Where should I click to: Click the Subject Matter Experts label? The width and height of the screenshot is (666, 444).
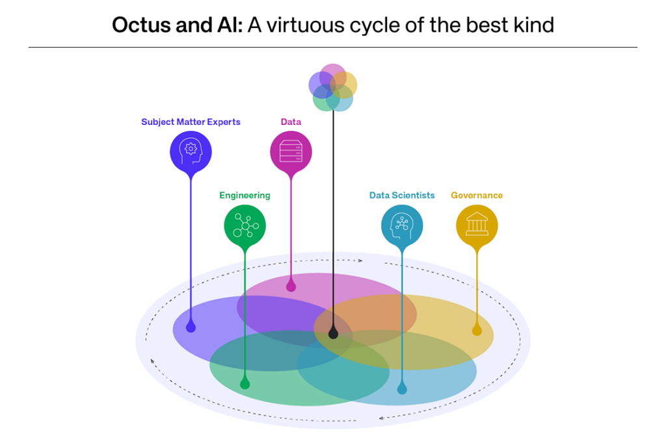pos(191,122)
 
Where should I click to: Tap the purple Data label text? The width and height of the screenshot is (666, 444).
pos(291,122)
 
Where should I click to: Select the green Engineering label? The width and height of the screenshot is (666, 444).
pos(245,195)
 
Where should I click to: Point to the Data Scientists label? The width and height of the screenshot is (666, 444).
pos(402,195)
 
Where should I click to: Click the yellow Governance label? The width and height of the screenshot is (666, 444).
pos(477,195)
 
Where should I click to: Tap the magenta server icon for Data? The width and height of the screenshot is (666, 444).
pos(291,152)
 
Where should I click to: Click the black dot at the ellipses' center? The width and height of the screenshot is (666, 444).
pos(333,334)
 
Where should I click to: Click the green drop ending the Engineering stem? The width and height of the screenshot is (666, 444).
pos(245,384)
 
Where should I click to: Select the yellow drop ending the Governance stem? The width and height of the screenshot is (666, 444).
pos(477,330)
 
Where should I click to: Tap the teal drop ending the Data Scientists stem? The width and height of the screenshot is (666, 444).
pos(402,389)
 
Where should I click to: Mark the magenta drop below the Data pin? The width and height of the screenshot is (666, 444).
pos(291,286)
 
